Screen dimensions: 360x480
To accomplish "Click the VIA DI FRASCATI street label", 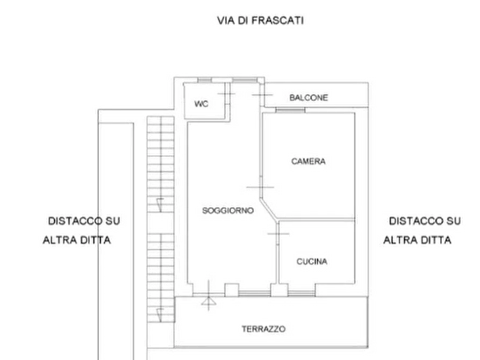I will (260, 21).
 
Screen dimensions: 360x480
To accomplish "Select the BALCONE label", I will (308, 98).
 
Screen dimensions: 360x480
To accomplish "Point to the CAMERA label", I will (309, 161).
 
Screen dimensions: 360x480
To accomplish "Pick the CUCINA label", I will (312, 262).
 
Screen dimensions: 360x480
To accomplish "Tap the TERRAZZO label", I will (263, 328).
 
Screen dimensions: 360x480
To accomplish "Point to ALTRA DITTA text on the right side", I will (417, 240).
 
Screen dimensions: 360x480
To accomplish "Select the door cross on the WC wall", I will (226, 95).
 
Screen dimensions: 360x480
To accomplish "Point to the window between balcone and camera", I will (290, 110).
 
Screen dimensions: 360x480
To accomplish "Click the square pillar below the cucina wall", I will (278, 290).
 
